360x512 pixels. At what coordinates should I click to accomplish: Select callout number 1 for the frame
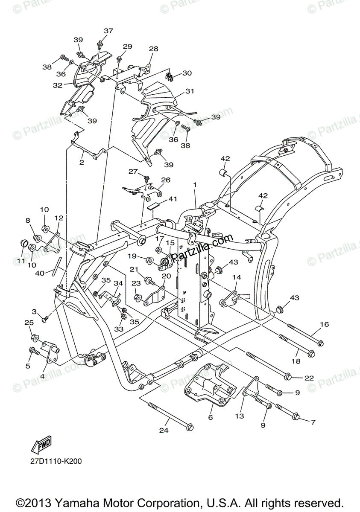coord(195,185)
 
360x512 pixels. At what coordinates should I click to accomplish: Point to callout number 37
coord(108,31)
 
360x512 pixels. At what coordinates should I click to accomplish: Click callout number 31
coord(190,92)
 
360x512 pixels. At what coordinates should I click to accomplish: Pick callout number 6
coord(211,418)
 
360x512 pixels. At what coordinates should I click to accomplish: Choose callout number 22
coord(309,378)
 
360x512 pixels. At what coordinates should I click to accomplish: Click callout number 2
coord(81,162)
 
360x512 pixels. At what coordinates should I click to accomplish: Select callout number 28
coord(153,49)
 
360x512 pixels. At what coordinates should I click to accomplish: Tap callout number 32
coord(58,85)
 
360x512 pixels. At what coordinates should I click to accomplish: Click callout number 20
coord(166,276)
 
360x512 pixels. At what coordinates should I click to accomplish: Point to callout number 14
coord(237,277)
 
